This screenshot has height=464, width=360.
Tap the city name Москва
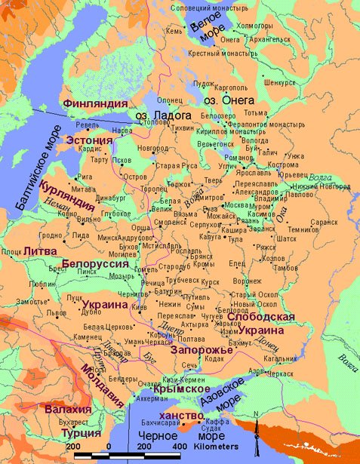237,204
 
